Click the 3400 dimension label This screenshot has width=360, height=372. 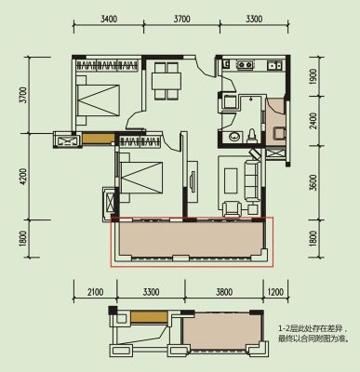coord(109,19)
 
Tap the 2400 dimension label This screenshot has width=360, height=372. coord(313,121)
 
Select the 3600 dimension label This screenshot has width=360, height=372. coord(313,183)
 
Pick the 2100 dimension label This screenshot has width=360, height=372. coord(95,292)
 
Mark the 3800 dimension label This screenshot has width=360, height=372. coord(224,292)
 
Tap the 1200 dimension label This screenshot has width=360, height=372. coord(275,292)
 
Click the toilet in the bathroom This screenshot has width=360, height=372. coord(251,136)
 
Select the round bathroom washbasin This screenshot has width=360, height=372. coord(233,137)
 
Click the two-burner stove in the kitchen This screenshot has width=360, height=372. coord(245,65)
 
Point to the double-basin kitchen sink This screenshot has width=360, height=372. coord(274,65)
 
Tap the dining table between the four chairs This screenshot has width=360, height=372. coord(167,81)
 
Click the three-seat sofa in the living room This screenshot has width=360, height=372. coord(251,180)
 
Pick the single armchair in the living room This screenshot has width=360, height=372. coord(232,208)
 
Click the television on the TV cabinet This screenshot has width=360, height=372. coord(192,182)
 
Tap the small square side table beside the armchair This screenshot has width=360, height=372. coord(253,209)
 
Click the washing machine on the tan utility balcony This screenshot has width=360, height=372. coord(279,134)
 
